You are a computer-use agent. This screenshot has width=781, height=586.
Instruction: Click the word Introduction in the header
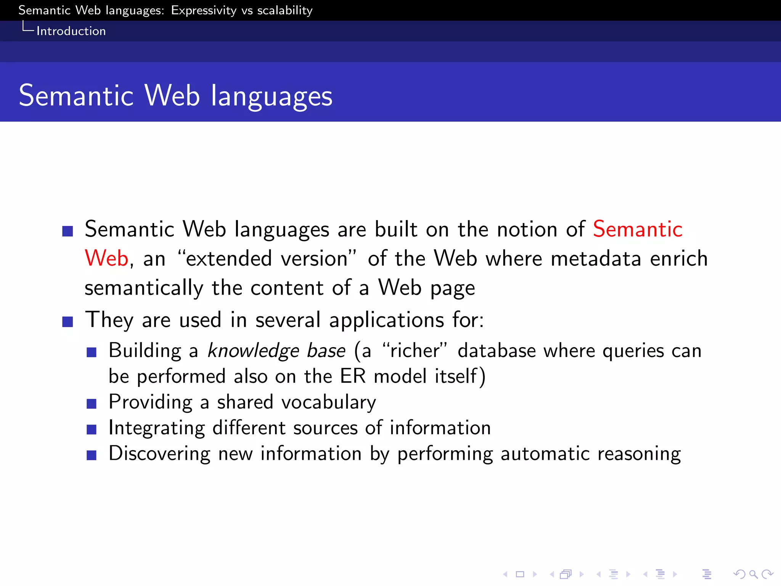pyautogui.click(x=71, y=31)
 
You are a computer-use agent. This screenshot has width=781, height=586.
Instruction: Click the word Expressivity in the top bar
pyautogui.click(x=204, y=10)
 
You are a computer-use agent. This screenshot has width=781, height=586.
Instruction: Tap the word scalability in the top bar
pyautogui.click(x=285, y=10)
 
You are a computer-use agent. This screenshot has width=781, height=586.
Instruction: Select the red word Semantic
pyautogui.click(x=638, y=229)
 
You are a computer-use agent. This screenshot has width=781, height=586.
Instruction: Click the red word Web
pyautogui.click(x=106, y=258)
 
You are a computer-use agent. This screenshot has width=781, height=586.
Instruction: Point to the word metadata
pyautogui.click(x=596, y=258)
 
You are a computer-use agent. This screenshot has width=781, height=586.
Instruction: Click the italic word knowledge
pyautogui.click(x=253, y=351)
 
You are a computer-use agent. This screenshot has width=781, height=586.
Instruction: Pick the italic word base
pyautogui.click(x=326, y=351)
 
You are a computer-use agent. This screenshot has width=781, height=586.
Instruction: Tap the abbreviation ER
pyautogui.click(x=353, y=376)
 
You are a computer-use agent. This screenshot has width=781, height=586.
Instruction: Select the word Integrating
pyautogui.click(x=157, y=428)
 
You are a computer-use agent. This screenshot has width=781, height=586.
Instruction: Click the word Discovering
pyautogui.click(x=159, y=454)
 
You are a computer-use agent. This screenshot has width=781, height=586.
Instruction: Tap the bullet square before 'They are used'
pyautogui.click(x=67, y=322)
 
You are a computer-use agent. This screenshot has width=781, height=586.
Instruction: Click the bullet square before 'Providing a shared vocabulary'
pyautogui.click(x=92, y=404)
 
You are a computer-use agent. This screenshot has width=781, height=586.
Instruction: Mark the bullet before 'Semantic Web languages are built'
pyautogui.click(x=67, y=231)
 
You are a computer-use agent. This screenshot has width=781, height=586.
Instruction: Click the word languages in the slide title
pyautogui.click(x=272, y=96)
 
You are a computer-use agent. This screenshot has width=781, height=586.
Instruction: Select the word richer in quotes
pyautogui.click(x=415, y=351)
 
